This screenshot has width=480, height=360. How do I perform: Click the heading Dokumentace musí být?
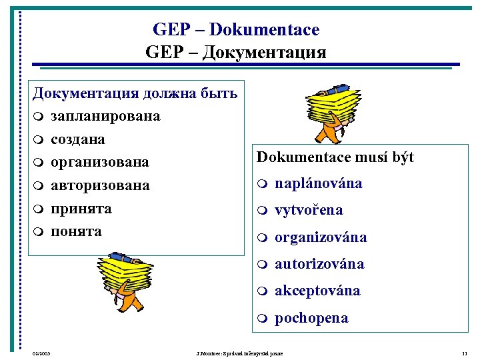click(335, 157)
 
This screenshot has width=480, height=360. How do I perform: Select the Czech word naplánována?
click(319, 183)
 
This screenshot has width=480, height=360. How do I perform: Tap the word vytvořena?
click(309, 210)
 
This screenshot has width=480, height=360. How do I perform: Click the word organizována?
click(321, 237)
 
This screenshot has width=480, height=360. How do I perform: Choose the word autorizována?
click(319, 264)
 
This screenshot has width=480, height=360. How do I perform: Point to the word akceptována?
click(317, 291)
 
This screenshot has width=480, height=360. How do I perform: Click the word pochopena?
click(311, 318)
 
